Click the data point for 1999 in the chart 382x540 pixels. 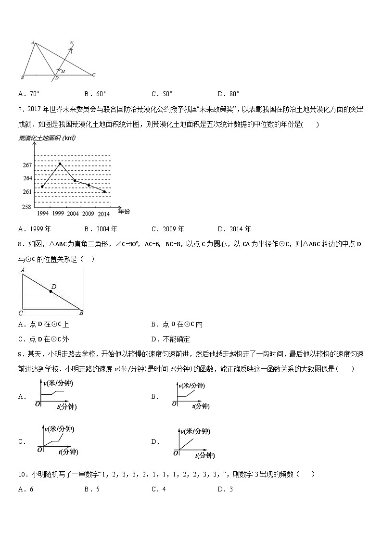pos(60,163)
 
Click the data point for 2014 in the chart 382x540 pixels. pos(104,191)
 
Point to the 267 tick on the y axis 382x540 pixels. pos(27,165)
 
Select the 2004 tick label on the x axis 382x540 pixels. pos(73,213)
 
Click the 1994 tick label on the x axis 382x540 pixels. pos(42,213)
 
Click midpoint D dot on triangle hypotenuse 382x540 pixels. pos(51,291)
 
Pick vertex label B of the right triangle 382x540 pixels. pos(81,313)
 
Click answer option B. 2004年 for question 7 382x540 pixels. pos(101,229)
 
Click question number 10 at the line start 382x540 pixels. pos(22,474)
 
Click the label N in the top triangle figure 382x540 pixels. pos(71,43)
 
